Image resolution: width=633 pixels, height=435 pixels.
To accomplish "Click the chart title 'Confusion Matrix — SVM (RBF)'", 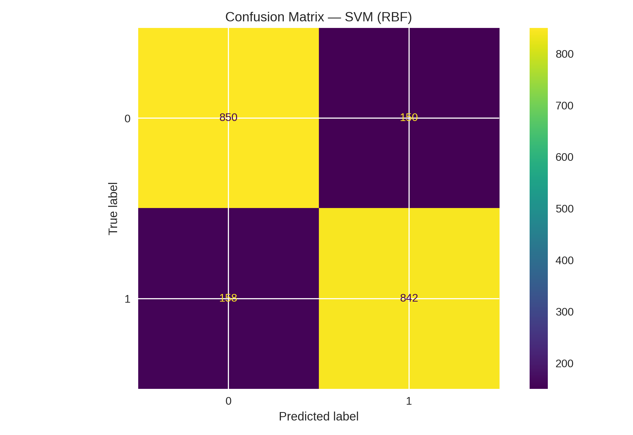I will [x=318, y=17].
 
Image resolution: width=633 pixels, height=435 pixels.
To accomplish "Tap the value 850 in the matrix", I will [x=228, y=118].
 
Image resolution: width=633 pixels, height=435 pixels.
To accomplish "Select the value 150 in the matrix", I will [x=409, y=118].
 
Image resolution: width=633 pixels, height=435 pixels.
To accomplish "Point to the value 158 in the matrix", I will [x=228, y=298].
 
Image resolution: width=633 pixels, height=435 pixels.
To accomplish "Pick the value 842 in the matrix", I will [x=409, y=298].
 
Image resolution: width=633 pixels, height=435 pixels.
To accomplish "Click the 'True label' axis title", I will [x=113, y=209].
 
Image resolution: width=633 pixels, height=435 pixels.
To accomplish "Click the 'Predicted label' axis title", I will [x=318, y=417].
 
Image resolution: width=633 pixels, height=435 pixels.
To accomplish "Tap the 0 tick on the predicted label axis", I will [x=228, y=401].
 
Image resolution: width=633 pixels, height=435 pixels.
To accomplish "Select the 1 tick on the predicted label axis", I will [x=409, y=401].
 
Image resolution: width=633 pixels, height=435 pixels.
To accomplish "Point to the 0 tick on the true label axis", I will [x=127, y=119].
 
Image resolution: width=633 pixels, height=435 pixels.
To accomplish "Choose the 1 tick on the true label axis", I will [x=127, y=299].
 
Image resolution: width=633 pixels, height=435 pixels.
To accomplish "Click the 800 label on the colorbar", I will [x=564, y=54].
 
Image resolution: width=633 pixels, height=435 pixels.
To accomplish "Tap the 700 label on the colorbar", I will [x=564, y=106].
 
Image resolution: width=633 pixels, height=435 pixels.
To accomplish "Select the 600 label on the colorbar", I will [x=564, y=157].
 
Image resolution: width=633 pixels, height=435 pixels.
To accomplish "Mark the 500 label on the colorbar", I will [x=564, y=209].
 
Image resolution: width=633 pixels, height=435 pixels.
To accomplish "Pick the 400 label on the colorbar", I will [x=564, y=260].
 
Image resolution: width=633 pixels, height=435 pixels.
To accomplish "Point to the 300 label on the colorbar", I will [x=564, y=312].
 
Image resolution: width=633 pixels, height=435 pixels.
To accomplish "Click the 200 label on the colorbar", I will [x=564, y=364].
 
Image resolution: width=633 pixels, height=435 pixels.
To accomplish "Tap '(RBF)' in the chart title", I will [x=394, y=17].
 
